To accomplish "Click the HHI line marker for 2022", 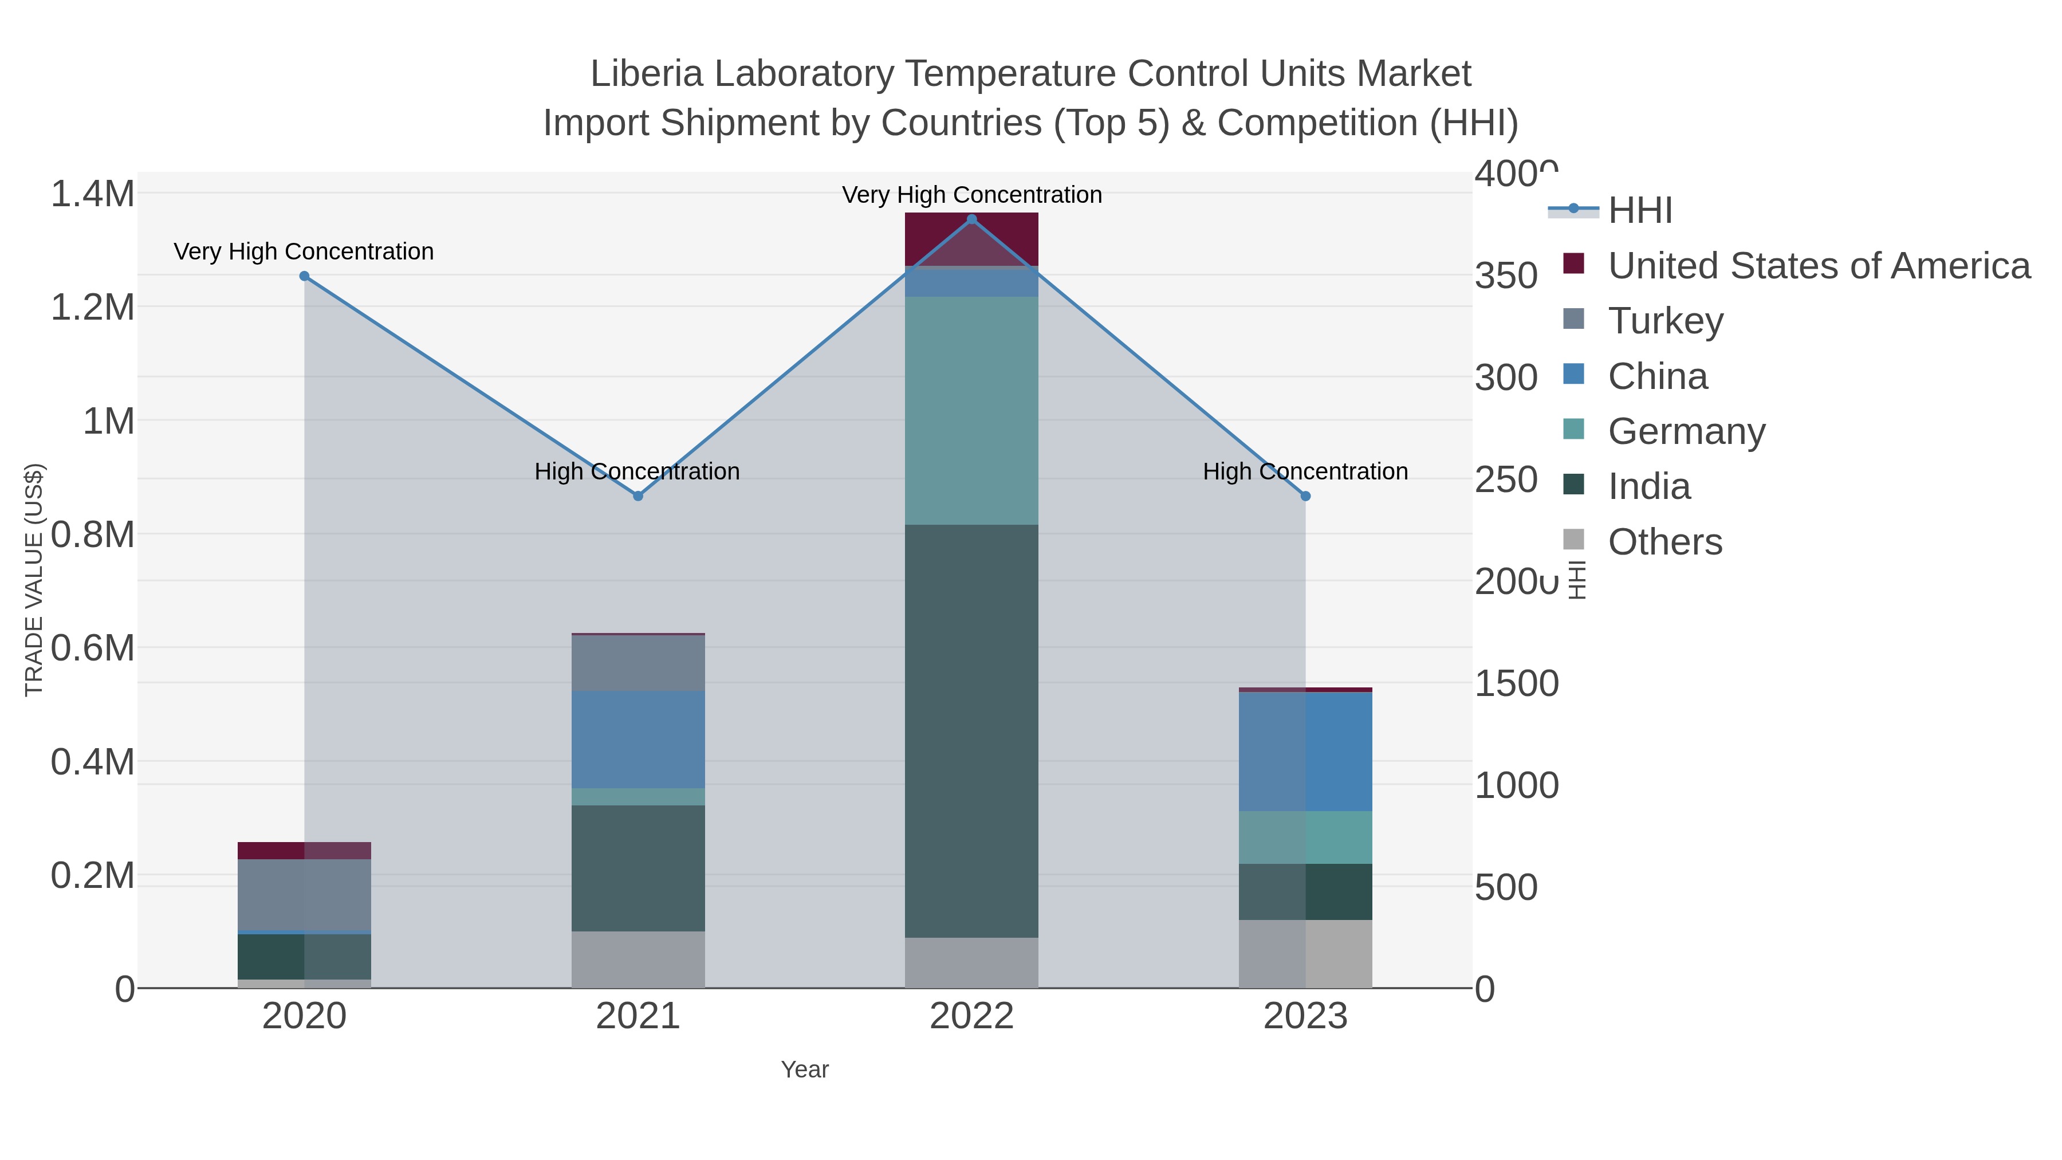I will click(x=972, y=219).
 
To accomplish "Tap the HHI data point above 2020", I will click(x=304, y=276).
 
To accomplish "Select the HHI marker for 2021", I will click(x=638, y=496).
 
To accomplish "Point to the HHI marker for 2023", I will click(x=1305, y=496).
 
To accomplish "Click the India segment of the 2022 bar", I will click(x=972, y=730).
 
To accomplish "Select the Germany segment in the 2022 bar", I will click(x=972, y=410).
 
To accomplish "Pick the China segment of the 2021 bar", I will click(x=638, y=739).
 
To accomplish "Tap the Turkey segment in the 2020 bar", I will click(x=304, y=895).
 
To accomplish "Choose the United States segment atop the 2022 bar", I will click(x=972, y=238).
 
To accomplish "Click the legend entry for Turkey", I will click(x=1665, y=321).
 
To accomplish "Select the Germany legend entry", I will click(x=1686, y=431).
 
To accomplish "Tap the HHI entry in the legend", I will click(x=1639, y=211).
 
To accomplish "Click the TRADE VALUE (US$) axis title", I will click(x=34, y=580).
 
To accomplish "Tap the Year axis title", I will click(x=805, y=1069).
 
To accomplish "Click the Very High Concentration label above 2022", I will click(x=972, y=195).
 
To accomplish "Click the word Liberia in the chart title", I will click(x=647, y=74).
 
